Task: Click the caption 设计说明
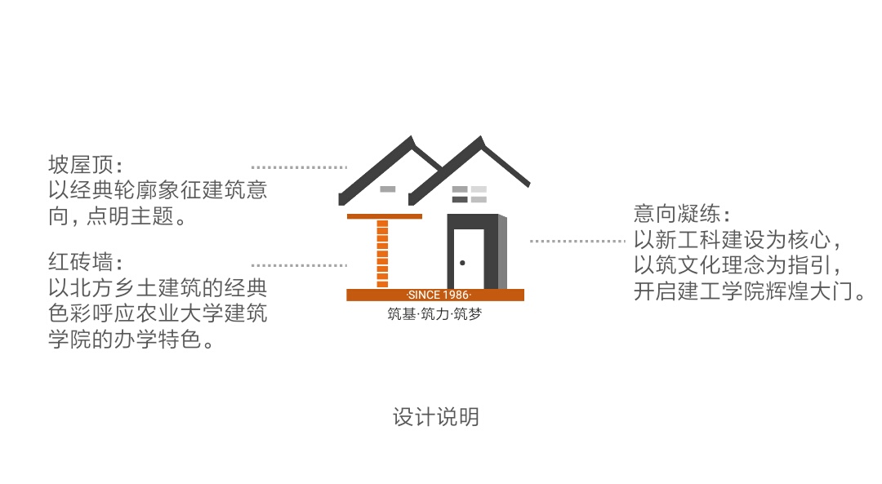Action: click(435, 417)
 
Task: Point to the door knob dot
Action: click(463, 263)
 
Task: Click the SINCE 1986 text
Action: click(439, 295)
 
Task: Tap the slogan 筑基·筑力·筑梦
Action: click(434, 313)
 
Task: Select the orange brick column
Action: click(382, 253)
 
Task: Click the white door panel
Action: click(469, 258)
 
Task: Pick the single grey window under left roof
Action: click(388, 189)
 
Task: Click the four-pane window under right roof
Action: click(470, 193)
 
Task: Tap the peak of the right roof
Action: click(477, 140)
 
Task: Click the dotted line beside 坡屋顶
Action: click(299, 167)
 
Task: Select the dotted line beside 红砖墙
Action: click(299, 265)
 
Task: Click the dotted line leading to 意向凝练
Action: click(577, 241)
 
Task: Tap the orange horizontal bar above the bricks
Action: click(385, 216)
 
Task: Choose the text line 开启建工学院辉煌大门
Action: click(750, 291)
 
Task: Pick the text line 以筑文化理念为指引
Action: click(737, 266)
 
